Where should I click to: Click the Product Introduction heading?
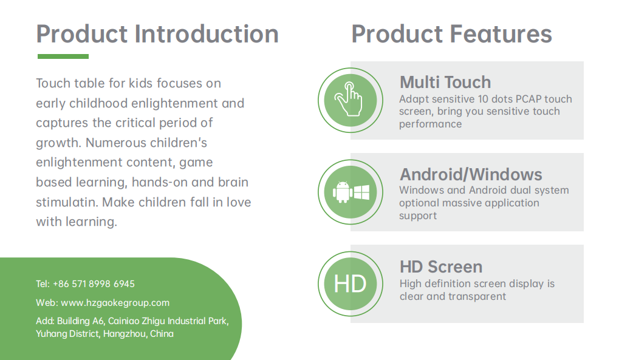coord(157,34)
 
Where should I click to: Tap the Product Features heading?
coord(451,34)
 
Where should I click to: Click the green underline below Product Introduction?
coord(63,56)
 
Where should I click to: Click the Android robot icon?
coord(342,192)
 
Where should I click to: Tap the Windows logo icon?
coord(361,192)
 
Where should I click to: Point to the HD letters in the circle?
coord(350,284)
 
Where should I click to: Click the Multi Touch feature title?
coord(445,83)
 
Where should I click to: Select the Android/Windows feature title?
coord(471,174)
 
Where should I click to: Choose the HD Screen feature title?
coord(441,267)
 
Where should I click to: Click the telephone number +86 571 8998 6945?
coord(94,284)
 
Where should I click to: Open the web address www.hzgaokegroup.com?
coord(115,303)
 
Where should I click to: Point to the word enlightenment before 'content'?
coord(80,163)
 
